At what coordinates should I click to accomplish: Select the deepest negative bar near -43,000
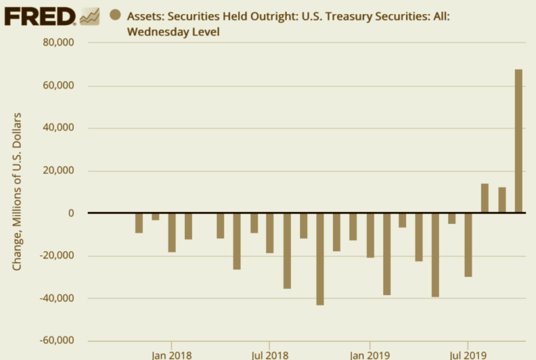(320, 259)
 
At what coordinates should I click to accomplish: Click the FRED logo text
(40, 16)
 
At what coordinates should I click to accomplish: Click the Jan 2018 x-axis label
(171, 354)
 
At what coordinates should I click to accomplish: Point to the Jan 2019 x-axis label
(369, 354)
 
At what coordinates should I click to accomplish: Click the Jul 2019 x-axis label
(467, 354)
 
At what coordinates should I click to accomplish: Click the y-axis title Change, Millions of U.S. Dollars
(17, 190)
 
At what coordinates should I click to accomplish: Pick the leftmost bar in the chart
(139, 223)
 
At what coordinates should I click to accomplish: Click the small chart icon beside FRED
(89, 16)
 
